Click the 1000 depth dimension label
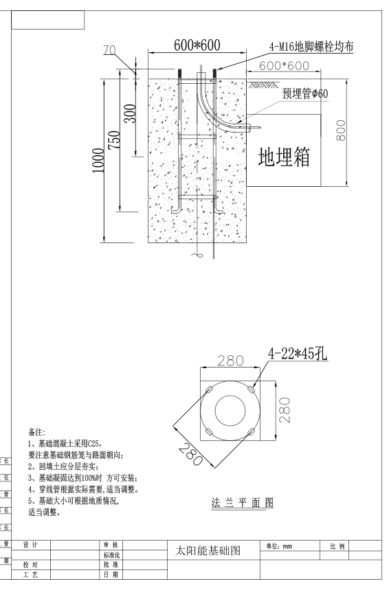[98, 161]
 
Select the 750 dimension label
[114, 140]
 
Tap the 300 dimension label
[131, 113]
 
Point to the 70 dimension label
[110, 50]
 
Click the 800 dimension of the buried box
[341, 131]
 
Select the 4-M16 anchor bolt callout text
[311, 47]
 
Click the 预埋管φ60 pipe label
[305, 93]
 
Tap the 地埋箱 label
[284, 157]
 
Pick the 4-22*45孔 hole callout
[298, 354]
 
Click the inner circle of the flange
[230, 396]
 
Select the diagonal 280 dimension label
[190, 454]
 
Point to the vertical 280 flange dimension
[285, 410]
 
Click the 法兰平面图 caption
[243, 502]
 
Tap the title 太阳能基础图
[208, 550]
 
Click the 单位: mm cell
[279, 546]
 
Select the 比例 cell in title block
[337, 547]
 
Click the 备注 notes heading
[36, 433]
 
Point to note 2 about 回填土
[63, 466]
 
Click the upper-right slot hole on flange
[251, 389]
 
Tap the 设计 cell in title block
[30, 545]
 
